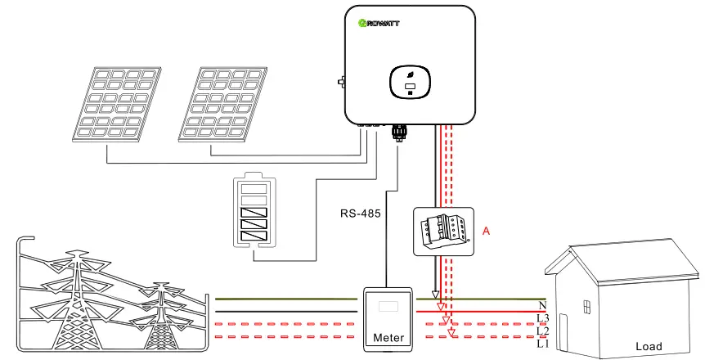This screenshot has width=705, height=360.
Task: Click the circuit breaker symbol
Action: [x=442, y=230]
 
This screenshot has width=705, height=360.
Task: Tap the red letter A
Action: [x=486, y=232]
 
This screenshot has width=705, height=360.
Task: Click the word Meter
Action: [x=388, y=337]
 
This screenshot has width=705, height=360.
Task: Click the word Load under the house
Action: [x=648, y=346]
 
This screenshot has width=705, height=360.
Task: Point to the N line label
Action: [x=542, y=305]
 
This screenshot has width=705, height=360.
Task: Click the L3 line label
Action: [x=542, y=317]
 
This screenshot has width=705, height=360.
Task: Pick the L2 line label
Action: [x=542, y=329]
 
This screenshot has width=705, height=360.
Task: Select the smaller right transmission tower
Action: [x=163, y=315]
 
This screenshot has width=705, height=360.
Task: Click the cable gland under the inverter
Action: [x=400, y=131]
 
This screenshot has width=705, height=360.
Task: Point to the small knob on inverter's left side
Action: [x=340, y=82]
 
